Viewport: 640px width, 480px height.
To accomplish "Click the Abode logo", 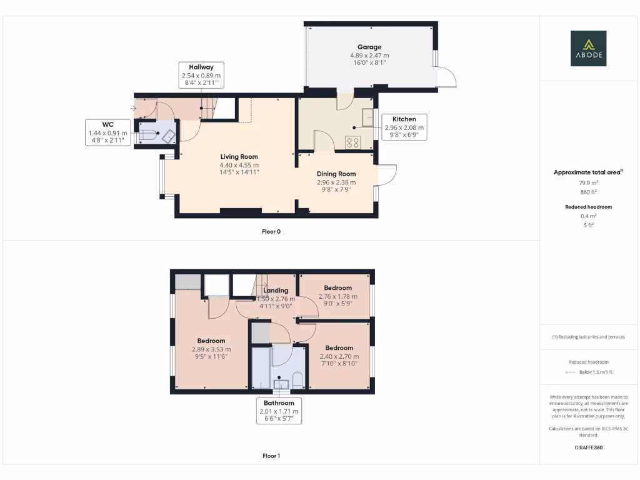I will click(x=587, y=48).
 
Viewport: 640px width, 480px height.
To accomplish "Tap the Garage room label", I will click(x=369, y=47).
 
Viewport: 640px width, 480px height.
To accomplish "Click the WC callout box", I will click(x=107, y=133).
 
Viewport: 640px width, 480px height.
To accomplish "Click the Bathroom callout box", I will click(x=279, y=411).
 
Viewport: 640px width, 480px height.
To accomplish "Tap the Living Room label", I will click(x=239, y=157).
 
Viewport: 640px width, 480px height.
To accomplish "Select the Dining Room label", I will click(x=336, y=174).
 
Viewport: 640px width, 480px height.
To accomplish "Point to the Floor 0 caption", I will click(x=271, y=231).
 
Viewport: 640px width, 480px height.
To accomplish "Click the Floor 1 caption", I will click(x=271, y=456).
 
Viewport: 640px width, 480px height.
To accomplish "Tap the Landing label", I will click(x=276, y=291).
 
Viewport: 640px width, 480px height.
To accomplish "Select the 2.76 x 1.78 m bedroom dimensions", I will click(x=338, y=296).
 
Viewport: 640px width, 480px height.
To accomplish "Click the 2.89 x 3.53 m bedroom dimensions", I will click(x=211, y=349).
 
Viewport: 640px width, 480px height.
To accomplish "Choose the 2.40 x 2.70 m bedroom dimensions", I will click(x=339, y=356).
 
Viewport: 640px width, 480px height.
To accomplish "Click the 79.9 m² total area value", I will click(x=588, y=183).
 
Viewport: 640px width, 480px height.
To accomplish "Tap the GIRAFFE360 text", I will click(x=588, y=447).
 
